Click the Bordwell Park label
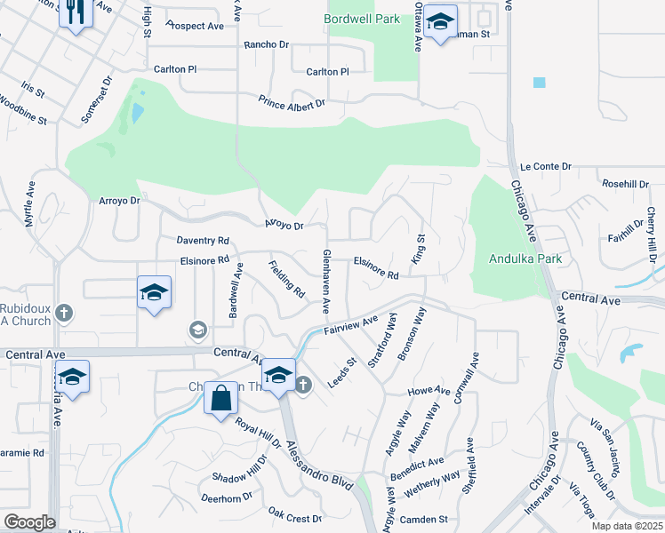pyautogui.click(x=362, y=18)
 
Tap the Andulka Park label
pyautogui.click(x=525, y=259)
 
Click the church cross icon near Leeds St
pyautogui.click(x=302, y=385)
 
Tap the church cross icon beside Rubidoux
pyautogui.click(x=62, y=312)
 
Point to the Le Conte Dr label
pyautogui.click(x=545, y=166)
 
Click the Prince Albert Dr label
pyautogui.click(x=292, y=104)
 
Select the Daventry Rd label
pyautogui.click(x=204, y=241)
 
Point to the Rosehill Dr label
pyautogui.click(x=625, y=184)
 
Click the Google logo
pyautogui.click(x=29, y=522)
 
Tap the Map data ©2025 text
pyautogui.click(x=628, y=526)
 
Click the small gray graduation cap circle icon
pyautogui.click(x=196, y=330)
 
